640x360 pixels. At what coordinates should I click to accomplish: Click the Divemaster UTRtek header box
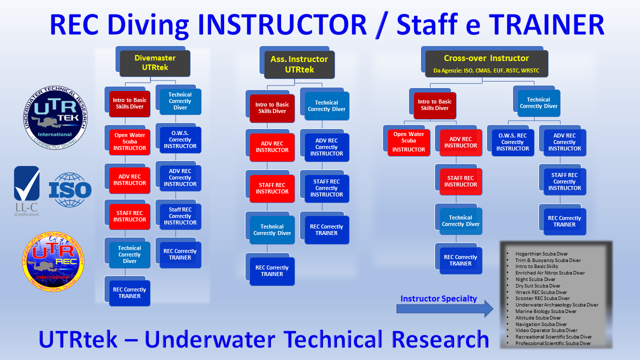[x=155, y=63]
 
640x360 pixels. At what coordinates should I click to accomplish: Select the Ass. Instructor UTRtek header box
[x=299, y=64]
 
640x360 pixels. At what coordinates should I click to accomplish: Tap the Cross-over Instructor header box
[x=486, y=63]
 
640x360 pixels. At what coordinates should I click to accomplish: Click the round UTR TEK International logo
[x=55, y=117]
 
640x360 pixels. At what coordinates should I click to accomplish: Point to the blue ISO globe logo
[x=70, y=189]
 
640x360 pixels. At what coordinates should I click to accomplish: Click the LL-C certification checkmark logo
[x=27, y=191]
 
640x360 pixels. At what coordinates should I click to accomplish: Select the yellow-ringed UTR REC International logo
[x=53, y=261]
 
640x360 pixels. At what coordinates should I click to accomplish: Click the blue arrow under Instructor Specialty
[x=445, y=309]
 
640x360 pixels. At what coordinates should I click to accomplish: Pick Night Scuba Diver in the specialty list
[x=535, y=279]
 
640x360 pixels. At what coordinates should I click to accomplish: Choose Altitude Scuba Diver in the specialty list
[x=538, y=317]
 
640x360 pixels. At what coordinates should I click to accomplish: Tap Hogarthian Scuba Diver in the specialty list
[x=541, y=253]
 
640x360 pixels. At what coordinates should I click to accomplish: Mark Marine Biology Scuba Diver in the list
[x=545, y=311]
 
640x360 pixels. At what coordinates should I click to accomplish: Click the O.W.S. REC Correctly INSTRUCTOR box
[x=513, y=142]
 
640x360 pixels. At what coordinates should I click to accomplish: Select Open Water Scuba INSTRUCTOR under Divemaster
[x=129, y=141]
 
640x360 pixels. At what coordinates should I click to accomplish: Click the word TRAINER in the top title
[x=546, y=24]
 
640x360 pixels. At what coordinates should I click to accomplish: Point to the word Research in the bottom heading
[x=440, y=339]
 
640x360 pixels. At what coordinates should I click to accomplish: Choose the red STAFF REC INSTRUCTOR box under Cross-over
[x=460, y=181]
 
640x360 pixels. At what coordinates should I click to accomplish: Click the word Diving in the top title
[x=148, y=25]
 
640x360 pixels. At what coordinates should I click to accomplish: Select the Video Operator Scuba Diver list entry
[x=546, y=330]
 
